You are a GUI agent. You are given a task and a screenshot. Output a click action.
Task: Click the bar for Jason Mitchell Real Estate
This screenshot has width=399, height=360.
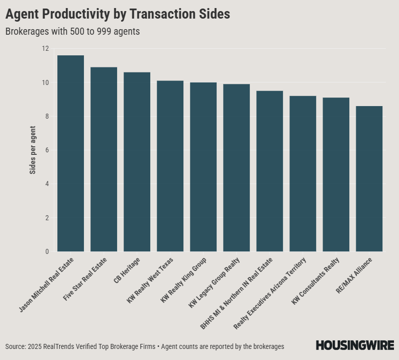tap(70, 153)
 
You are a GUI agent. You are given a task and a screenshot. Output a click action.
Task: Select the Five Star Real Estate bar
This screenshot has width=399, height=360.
tap(104, 159)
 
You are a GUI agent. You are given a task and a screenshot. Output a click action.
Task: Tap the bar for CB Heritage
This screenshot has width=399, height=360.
tap(137, 162)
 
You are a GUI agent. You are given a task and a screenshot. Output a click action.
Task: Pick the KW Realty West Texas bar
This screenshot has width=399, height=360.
tap(170, 166)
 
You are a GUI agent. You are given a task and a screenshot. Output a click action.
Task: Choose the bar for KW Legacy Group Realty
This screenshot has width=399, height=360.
tap(236, 168)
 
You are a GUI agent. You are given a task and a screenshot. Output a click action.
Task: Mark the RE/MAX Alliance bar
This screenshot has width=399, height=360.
tap(369, 178)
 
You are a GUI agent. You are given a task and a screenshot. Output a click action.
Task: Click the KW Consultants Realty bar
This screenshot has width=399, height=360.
tap(336, 174)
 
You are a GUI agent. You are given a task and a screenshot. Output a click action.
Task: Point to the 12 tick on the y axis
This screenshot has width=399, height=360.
tap(46, 49)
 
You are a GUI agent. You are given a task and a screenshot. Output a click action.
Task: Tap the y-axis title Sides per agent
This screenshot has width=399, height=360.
tap(33, 150)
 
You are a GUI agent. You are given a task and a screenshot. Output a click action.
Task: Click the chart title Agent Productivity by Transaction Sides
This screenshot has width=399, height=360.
tap(118, 15)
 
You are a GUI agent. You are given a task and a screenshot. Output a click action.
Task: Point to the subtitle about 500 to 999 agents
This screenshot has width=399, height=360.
tap(72, 31)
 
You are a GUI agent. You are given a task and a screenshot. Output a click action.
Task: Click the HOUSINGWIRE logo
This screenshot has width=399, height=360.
tap(355, 345)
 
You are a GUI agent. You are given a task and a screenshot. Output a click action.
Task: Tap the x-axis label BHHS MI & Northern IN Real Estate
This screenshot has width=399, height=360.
tap(237, 293)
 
